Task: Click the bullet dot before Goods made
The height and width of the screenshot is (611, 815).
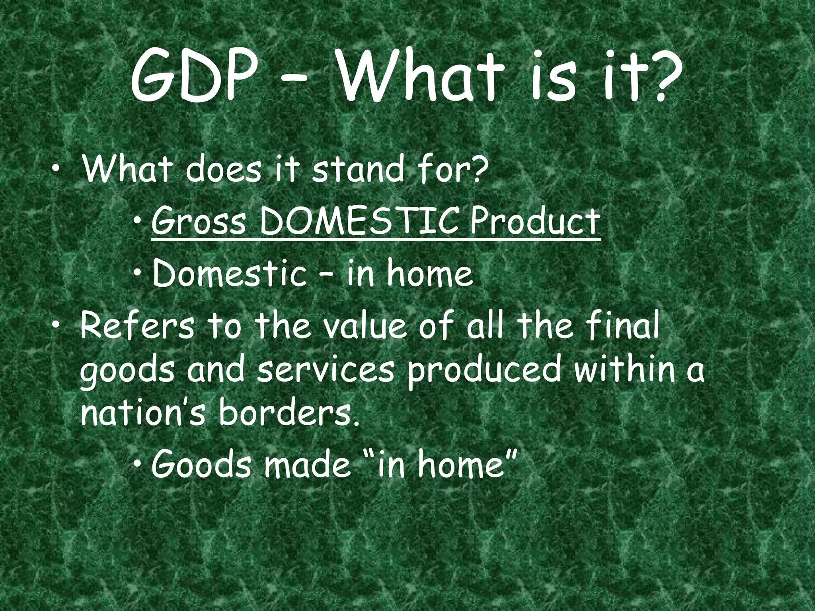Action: pyautogui.click(x=137, y=465)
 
